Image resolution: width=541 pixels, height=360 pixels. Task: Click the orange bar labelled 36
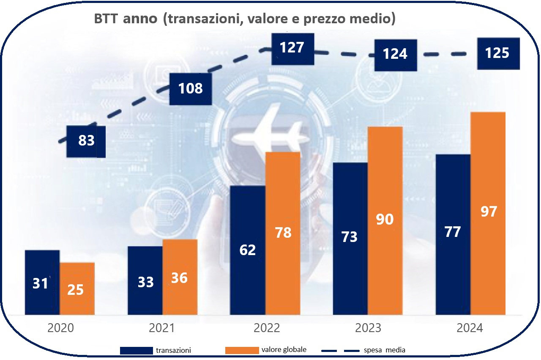click(180, 277)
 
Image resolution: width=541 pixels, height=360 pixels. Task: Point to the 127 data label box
click(292, 47)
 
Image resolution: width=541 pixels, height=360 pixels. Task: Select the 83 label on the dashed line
click(86, 140)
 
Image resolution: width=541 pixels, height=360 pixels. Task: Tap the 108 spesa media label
click(190, 89)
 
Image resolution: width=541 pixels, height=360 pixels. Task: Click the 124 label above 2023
click(396, 54)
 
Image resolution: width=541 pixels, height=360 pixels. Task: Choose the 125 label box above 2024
click(497, 54)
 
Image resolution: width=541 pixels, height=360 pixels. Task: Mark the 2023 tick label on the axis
click(368, 328)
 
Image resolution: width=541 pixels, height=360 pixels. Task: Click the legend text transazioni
click(173, 350)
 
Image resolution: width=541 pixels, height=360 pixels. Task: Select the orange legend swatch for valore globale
click(242, 350)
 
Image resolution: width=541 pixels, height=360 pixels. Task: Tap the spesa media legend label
click(384, 350)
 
